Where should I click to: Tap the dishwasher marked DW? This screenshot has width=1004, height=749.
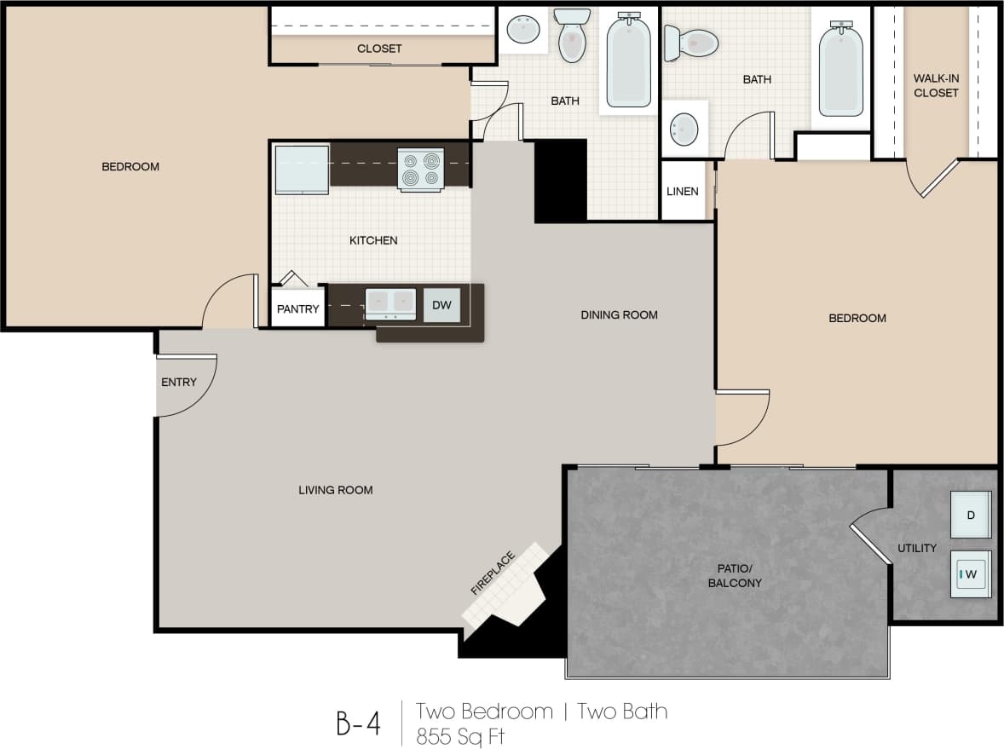(x=441, y=305)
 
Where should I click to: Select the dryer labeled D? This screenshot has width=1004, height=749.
(x=971, y=515)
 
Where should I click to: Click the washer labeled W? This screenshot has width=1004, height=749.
(x=971, y=574)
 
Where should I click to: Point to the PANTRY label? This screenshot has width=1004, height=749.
(x=298, y=309)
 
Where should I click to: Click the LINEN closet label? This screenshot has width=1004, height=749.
(x=683, y=191)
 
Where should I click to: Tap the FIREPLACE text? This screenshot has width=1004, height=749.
(x=493, y=573)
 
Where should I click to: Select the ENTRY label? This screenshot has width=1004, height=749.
(x=179, y=382)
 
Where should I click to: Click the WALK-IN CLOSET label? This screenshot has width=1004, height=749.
(x=936, y=85)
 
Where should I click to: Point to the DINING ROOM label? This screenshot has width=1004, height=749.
(x=619, y=314)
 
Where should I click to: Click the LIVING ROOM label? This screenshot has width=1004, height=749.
(x=335, y=490)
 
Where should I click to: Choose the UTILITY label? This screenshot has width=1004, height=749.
(x=917, y=548)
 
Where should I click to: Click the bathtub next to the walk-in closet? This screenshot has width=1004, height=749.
(x=840, y=70)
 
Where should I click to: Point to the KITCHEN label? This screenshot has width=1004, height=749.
(x=373, y=240)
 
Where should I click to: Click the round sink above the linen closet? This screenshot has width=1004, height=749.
(x=684, y=130)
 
